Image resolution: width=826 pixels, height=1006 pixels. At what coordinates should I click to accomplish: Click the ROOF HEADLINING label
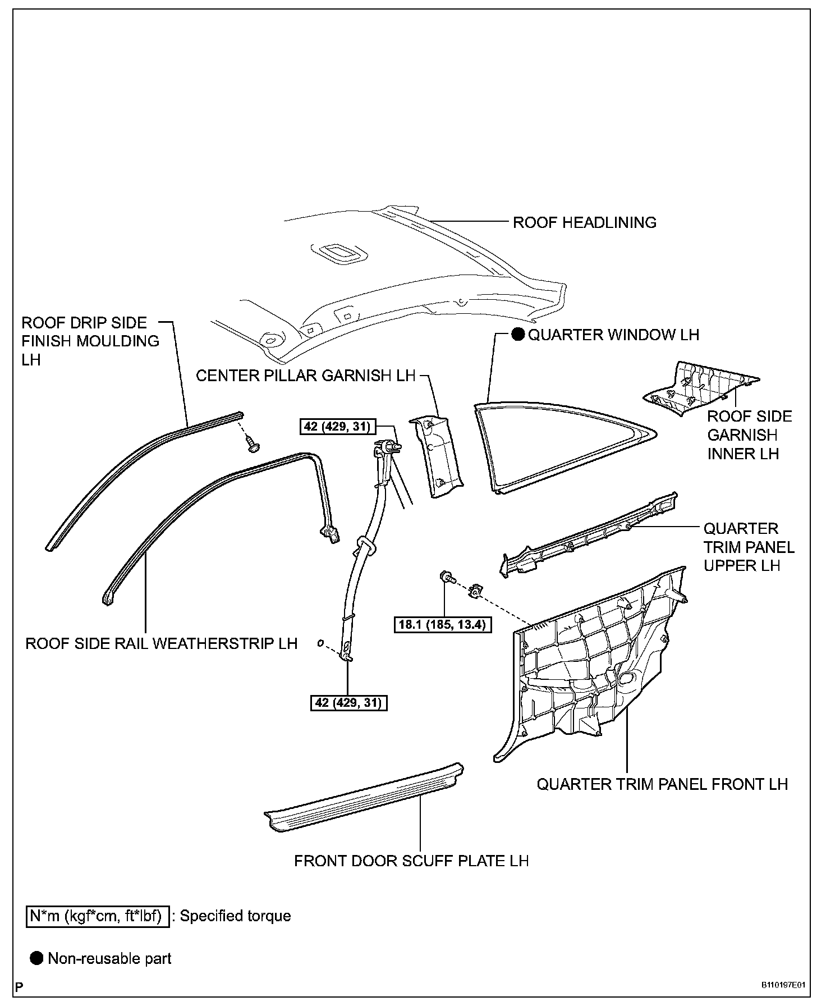(x=584, y=222)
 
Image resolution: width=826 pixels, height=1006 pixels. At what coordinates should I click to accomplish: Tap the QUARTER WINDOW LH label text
(x=614, y=335)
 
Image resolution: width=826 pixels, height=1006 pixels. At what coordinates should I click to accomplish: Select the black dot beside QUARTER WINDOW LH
(x=517, y=335)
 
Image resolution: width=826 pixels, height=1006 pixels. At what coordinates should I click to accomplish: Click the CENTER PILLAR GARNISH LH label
(x=305, y=376)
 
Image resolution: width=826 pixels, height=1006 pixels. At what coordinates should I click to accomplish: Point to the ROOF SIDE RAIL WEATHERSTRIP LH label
(x=161, y=643)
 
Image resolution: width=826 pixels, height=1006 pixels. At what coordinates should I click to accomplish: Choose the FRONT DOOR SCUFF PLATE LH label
(x=411, y=861)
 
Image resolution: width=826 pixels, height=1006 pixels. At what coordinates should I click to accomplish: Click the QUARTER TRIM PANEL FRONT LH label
(x=662, y=784)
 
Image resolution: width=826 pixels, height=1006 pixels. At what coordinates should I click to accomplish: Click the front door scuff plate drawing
(x=365, y=797)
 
